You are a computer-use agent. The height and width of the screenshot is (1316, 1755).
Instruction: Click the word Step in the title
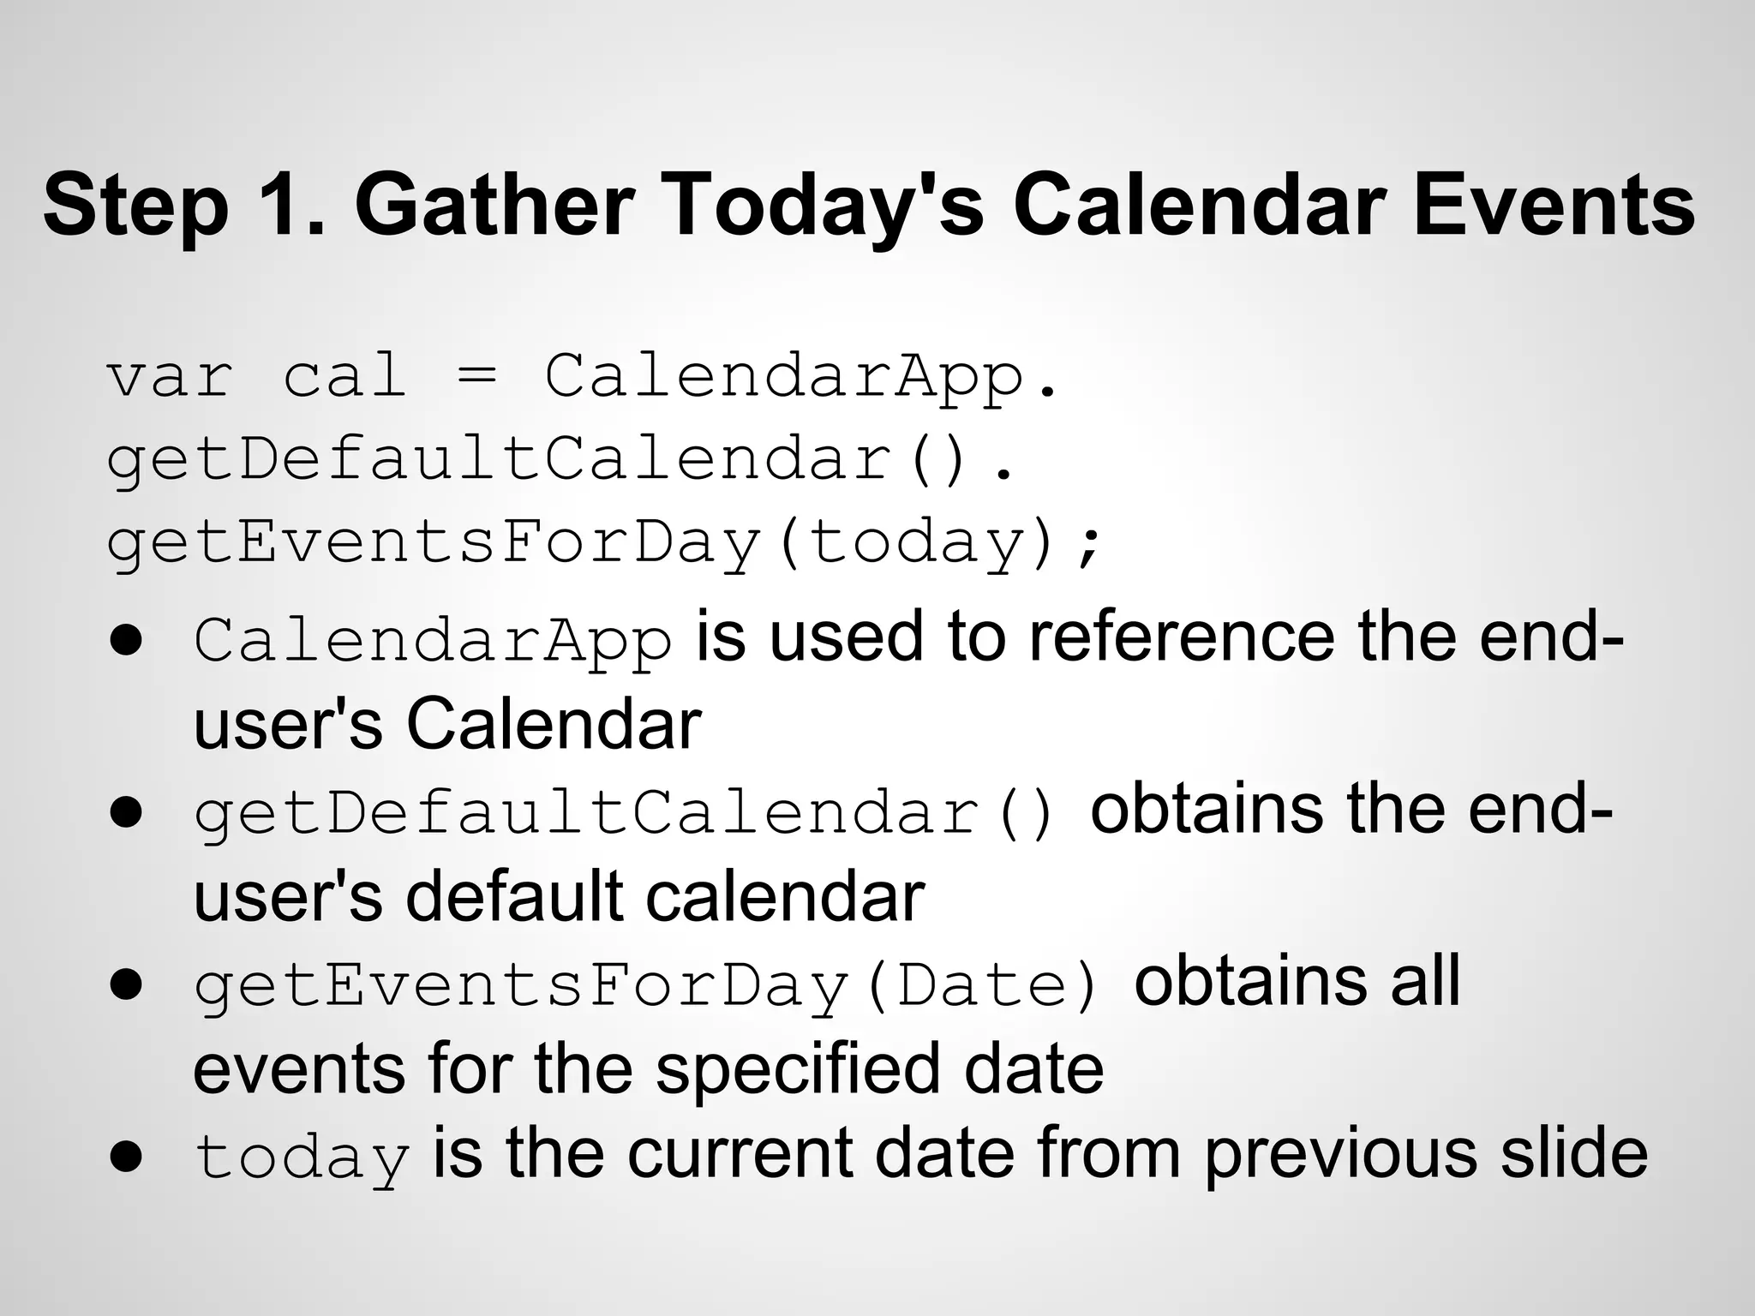(x=135, y=206)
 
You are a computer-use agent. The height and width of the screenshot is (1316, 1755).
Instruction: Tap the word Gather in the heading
(x=494, y=206)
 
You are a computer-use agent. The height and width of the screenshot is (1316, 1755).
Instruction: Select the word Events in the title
(x=1553, y=206)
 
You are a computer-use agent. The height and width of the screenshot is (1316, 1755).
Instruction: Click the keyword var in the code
(x=170, y=377)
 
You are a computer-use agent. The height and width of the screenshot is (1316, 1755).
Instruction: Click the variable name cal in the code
(x=344, y=377)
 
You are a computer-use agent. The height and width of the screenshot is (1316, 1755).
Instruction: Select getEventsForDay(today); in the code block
(x=603, y=543)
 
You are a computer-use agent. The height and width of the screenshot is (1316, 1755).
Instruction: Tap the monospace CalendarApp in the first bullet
(x=433, y=641)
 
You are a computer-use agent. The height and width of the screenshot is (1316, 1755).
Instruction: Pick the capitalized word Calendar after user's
(x=554, y=725)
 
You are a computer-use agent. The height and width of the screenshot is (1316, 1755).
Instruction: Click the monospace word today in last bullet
(x=302, y=1157)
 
